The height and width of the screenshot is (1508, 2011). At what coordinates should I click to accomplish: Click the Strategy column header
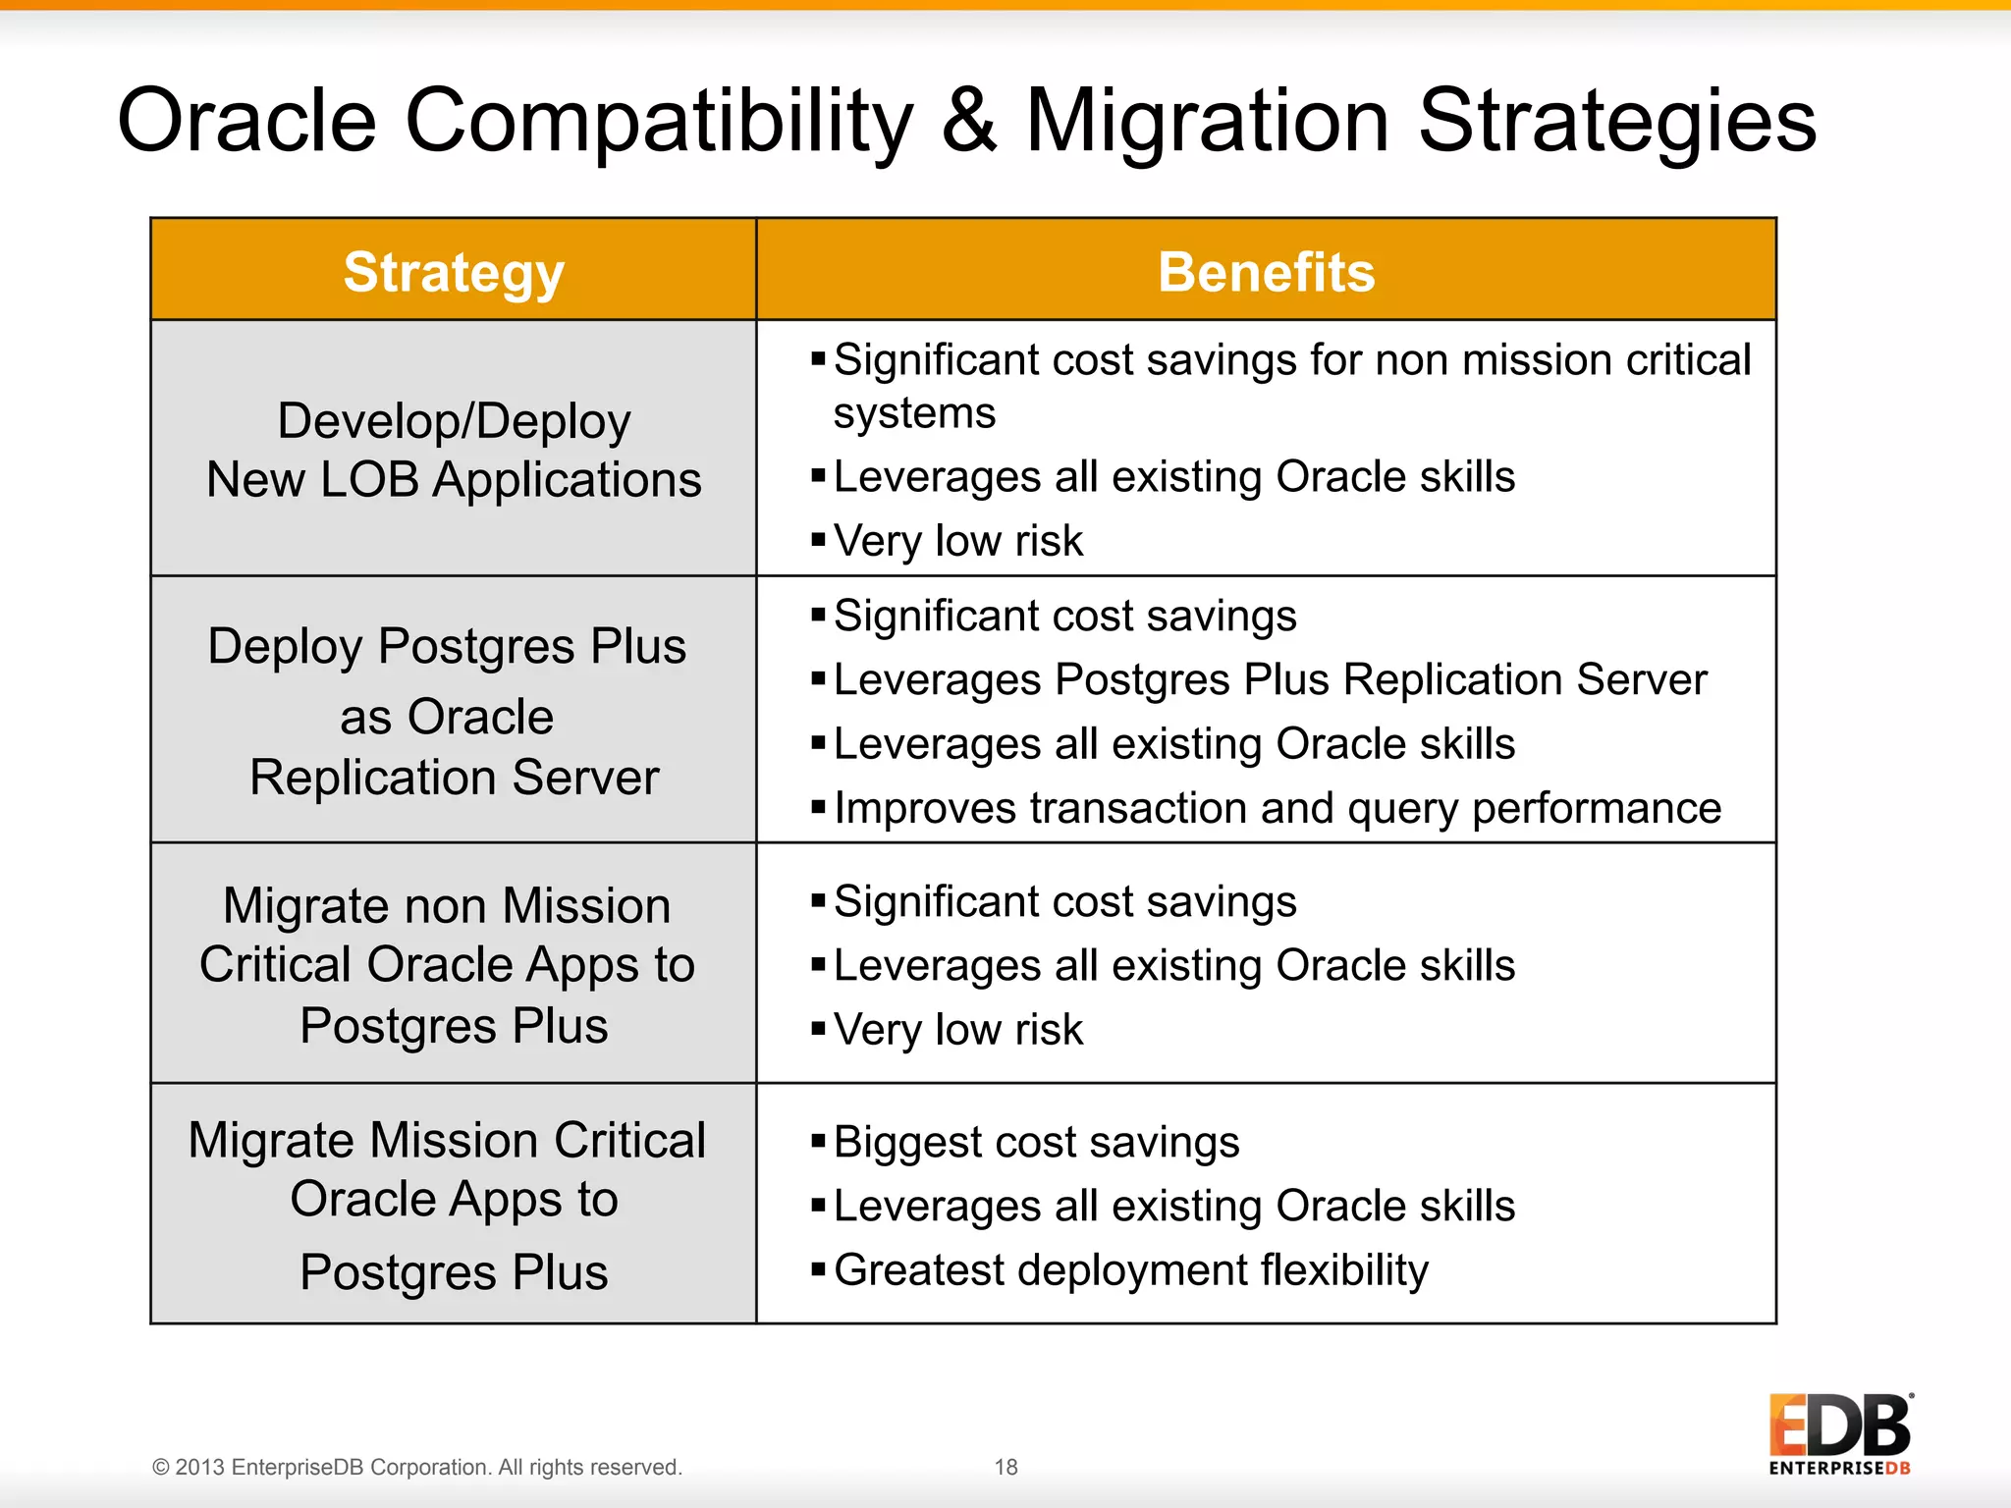tap(454, 272)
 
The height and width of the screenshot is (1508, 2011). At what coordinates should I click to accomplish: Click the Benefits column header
tap(1266, 272)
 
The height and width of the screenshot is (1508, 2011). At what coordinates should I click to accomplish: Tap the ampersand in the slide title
tap(968, 121)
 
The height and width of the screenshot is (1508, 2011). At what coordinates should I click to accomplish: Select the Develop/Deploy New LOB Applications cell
tap(454, 450)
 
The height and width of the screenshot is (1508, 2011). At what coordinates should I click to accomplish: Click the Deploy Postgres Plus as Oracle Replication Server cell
tap(454, 711)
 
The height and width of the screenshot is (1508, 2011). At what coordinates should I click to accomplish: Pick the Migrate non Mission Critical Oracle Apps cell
tap(454, 964)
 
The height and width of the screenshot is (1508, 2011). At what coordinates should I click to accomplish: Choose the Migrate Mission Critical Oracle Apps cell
tap(454, 1205)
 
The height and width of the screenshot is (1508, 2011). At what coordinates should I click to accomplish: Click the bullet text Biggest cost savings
tap(1036, 1143)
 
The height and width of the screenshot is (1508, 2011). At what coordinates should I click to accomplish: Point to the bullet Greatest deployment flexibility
tap(1130, 1270)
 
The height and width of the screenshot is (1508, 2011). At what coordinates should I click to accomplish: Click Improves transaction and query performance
tap(1277, 809)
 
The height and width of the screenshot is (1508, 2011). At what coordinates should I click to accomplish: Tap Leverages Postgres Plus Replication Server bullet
tap(1270, 680)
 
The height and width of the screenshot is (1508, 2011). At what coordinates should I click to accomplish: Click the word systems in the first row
tap(914, 413)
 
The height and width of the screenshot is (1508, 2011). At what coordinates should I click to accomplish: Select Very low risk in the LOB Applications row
tap(957, 541)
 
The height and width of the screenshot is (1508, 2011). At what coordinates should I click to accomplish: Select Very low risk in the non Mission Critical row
tap(957, 1030)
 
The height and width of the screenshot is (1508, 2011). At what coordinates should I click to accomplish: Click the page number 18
tap(1005, 1467)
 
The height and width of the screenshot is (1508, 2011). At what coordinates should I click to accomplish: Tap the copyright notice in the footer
tap(417, 1467)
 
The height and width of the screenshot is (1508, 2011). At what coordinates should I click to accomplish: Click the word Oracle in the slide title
tap(246, 121)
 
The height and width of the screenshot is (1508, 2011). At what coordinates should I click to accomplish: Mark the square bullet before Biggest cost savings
tap(818, 1141)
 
